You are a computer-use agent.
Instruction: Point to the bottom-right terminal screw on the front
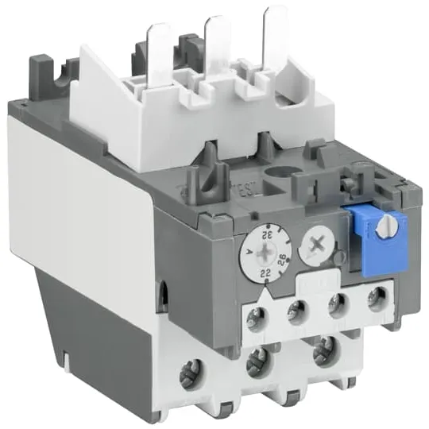[323, 347]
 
